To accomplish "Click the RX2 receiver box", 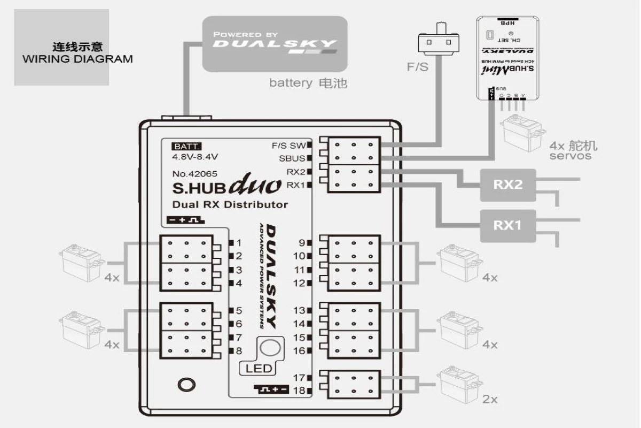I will [507, 185].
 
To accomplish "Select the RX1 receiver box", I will [507, 225].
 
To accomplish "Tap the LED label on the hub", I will [259, 369].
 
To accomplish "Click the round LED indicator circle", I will [270, 348].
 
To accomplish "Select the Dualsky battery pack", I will [275, 44].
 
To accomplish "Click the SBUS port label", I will [292, 158].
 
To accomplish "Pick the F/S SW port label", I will [288, 145].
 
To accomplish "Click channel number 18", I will [299, 391].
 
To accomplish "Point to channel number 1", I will [239, 243].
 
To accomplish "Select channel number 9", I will [302, 243].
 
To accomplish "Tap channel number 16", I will [299, 351].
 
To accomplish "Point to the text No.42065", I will [194, 173].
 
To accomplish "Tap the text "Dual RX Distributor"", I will [230, 204].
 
